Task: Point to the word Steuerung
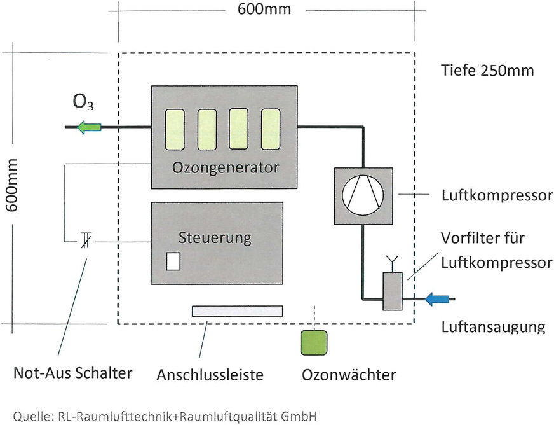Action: tap(215, 238)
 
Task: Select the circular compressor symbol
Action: tap(363, 193)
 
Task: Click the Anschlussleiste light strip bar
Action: tap(238, 310)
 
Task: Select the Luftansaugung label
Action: tap(493, 328)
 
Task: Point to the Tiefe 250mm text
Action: tap(487, 70)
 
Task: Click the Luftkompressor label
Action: tap(496, 195)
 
